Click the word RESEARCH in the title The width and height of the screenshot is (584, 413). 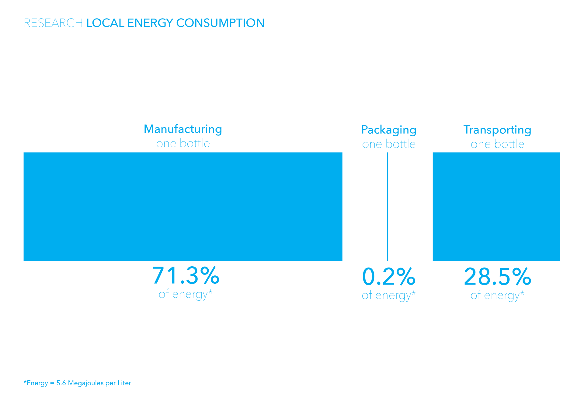pyautogui.click(x=53, y=23)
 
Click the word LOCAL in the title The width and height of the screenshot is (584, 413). pyautogui.click(x=105, y=23)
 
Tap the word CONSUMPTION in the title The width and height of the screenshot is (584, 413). pyautogui.click(x=220, y=23)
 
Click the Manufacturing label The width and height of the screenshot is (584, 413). pyautogui.click(x=183, y=129)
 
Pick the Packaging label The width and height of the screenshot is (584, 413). pyautogui.click(x=388, y=130)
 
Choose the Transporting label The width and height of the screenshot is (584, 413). pyautogui.click(x=497, y=130)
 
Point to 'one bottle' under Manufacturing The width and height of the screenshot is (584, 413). pyautogui.click(x=183, y=143)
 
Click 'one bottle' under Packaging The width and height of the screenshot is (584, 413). pyautogui.click(x=388, y=144)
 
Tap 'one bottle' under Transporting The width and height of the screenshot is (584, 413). pyautogui.click(x=497, y=144)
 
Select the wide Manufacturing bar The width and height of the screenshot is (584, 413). pyautogui.click(x=183, y=207)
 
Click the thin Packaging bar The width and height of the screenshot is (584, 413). pyautogui.click(x=388, y=207)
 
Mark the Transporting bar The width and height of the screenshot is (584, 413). pyautogui.click(x=496, y=207)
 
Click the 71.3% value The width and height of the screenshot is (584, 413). pyautogui.click(x=186, y=276)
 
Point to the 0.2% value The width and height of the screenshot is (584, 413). pyautogui.click(x=388, y=277)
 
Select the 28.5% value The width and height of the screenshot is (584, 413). pyautogui.click(x=497, y=277)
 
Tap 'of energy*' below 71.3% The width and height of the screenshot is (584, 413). pyautogui.click(x=186, y=294)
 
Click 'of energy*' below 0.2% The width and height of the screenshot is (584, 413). pyautogui.click(x=388, y=295)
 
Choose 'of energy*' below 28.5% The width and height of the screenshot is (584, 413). pyautogui.click(x=497, y=295)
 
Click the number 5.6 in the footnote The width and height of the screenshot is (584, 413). pyautogui.click(x=61, y=383)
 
